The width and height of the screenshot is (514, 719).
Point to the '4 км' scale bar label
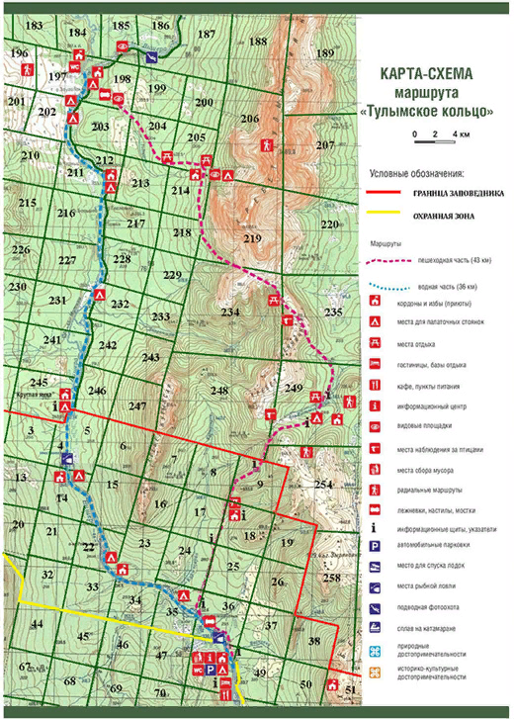pos(460,133)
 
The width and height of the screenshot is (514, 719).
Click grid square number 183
pos(34,24)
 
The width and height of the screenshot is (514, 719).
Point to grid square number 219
pos(252,239)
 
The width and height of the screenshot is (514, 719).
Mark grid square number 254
pos(324,484)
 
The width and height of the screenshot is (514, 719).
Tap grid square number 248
pos(219,391)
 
